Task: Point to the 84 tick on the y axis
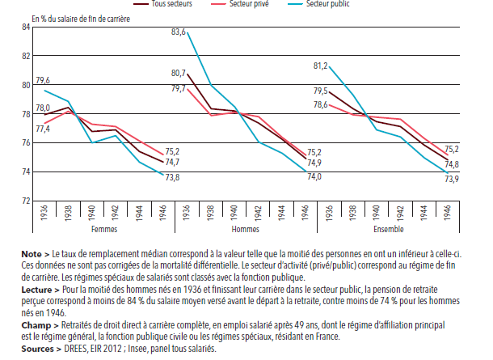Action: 25,28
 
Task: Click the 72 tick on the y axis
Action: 25,201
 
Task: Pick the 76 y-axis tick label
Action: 25,143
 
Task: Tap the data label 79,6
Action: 44,80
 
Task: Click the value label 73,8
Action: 172,177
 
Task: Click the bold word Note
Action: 32,253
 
